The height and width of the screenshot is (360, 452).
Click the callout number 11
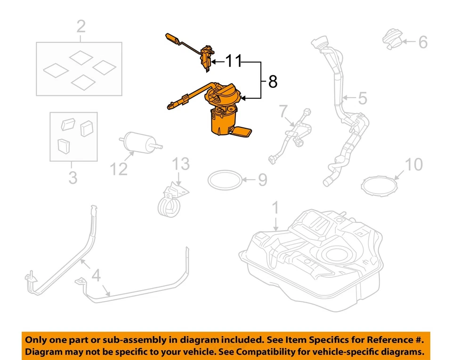[233, 61]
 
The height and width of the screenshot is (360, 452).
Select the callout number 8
[273, 82]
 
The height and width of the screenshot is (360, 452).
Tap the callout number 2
[81, 27]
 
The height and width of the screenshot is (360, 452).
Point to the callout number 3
[73, 178]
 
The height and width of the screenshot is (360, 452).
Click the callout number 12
[119, 168]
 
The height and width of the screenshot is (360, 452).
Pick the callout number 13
[180, 164]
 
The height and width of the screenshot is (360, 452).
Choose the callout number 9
[262, 179]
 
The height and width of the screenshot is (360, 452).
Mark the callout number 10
[414, 164]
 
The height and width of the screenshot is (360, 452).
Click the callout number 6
[422, 42]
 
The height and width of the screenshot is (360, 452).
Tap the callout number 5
[362, 98]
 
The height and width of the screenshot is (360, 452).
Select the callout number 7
[282, 111]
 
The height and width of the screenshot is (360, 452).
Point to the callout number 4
[96, 275]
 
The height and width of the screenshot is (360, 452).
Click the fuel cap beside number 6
[392, 39]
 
